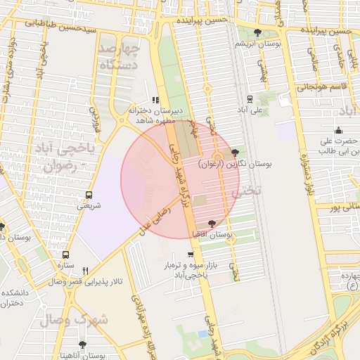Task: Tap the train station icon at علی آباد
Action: click(x=250, y=100)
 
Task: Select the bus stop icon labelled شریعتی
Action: click(x=89, y=195)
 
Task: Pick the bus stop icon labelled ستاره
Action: click(x=66, y=255)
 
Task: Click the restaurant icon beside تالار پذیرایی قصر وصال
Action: click(x=86, y=271)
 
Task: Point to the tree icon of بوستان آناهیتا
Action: click(x=82, y=345)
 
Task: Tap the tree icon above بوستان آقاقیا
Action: click(x=212, y=223)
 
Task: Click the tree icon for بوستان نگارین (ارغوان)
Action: click(x=235, y=153)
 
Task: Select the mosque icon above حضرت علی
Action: click(x=339, y=129)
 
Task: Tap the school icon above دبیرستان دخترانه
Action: click(x=155, y=100)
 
